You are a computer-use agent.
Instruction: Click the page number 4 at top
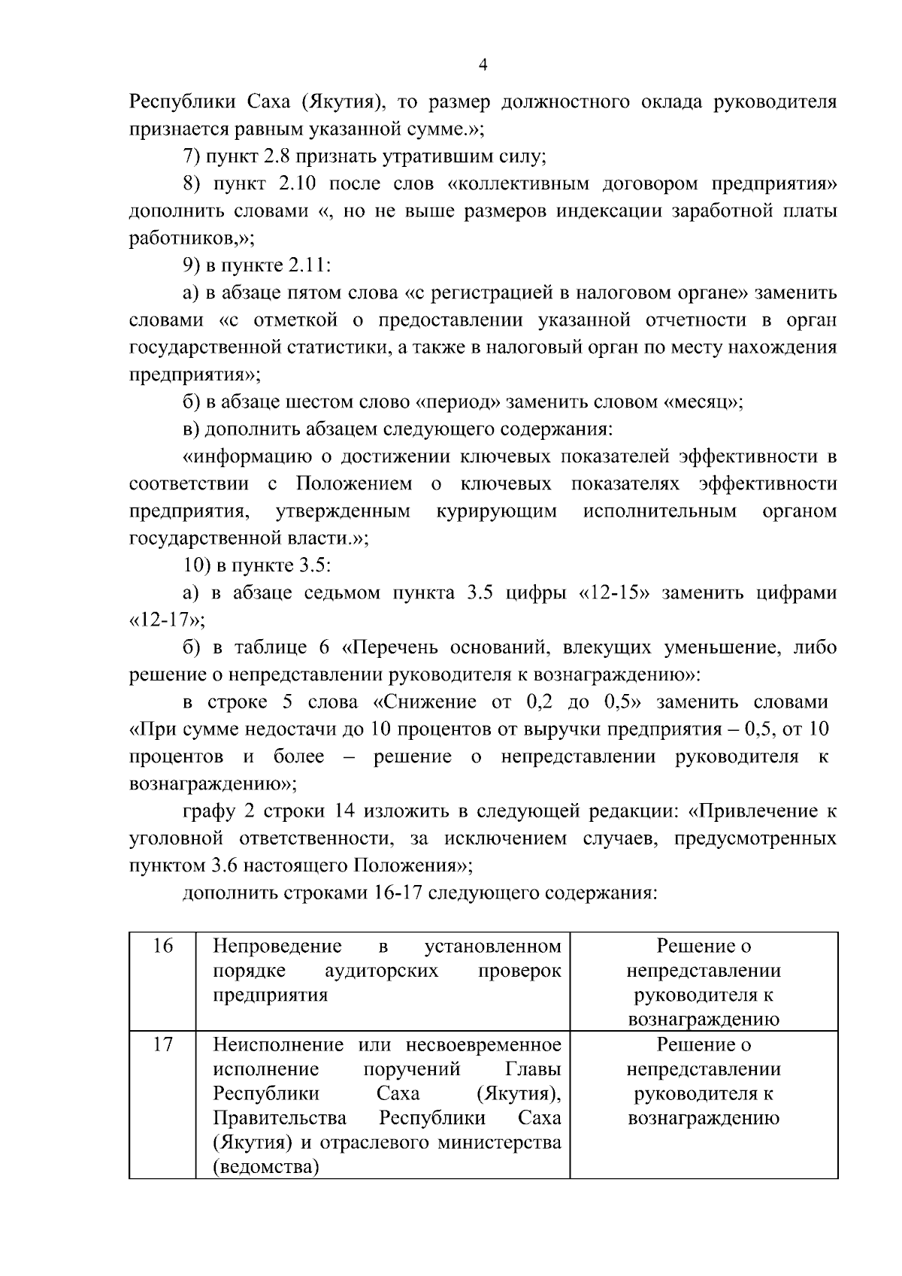pos(483,65)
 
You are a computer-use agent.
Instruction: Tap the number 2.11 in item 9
pos(310,265)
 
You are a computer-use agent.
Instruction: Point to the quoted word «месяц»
pos(701,402)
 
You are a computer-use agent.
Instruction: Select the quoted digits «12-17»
pos(165,620)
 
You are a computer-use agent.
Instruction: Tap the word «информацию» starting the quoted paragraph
pos(248,456)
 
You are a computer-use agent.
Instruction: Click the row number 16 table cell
pos(162,946)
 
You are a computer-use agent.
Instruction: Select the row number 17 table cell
pos(162,1044)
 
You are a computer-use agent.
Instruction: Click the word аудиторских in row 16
pos(381,970)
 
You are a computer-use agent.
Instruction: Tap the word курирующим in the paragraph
pos(496,511)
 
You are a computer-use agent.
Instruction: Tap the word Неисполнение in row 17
pos(279,1044)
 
